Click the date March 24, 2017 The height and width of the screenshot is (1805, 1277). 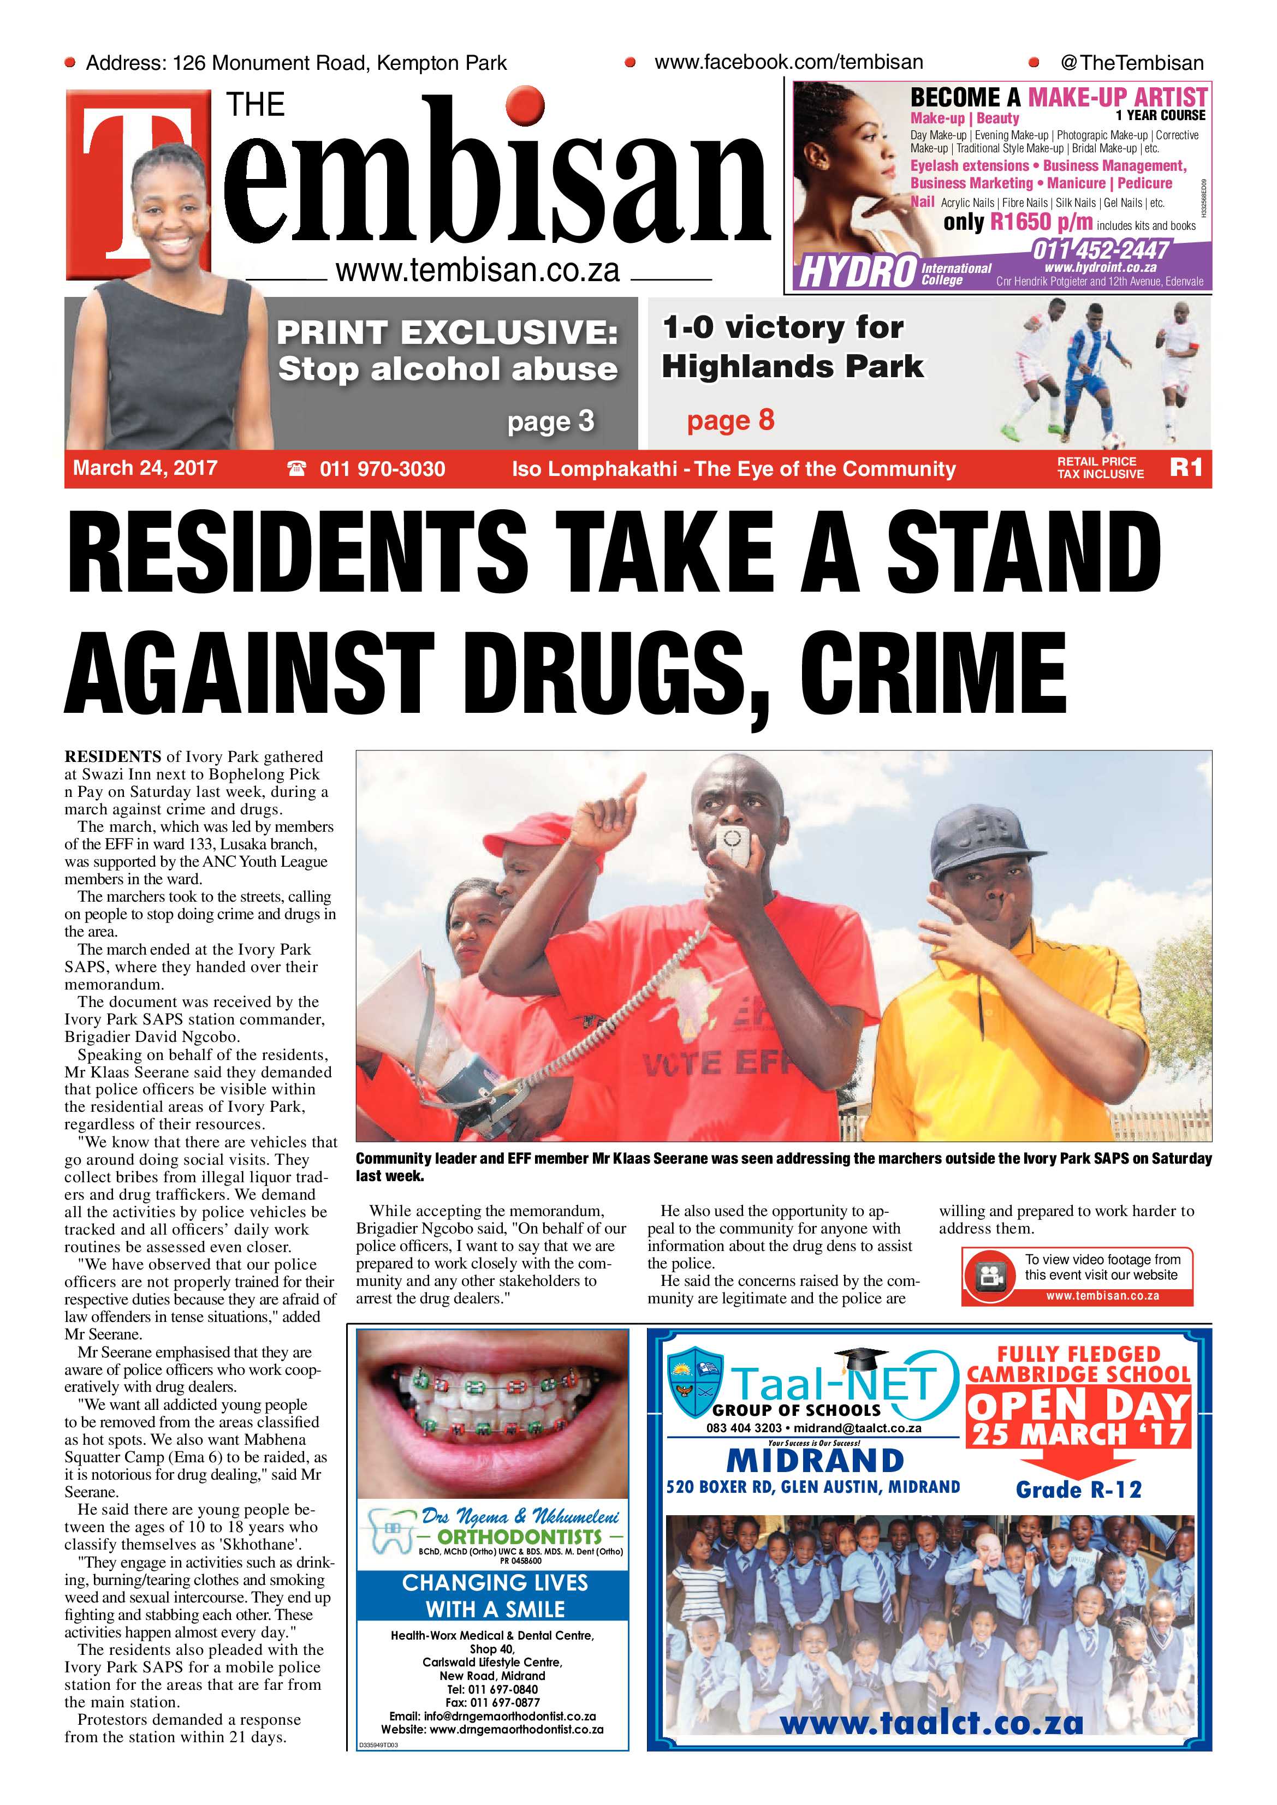tap(145, 468)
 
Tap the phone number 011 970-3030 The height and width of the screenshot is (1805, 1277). tap(382, 469)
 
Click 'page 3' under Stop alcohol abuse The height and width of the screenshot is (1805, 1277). tap(550, 422)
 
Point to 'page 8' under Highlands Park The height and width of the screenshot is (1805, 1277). tap(730, 421)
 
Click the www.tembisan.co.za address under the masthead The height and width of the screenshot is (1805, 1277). tap(477, 271)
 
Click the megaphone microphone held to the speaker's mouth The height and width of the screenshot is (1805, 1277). tap(735, 844)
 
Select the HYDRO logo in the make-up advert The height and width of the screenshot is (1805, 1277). tap(857, 272)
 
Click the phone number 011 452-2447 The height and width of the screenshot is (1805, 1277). tap(1100, 251)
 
